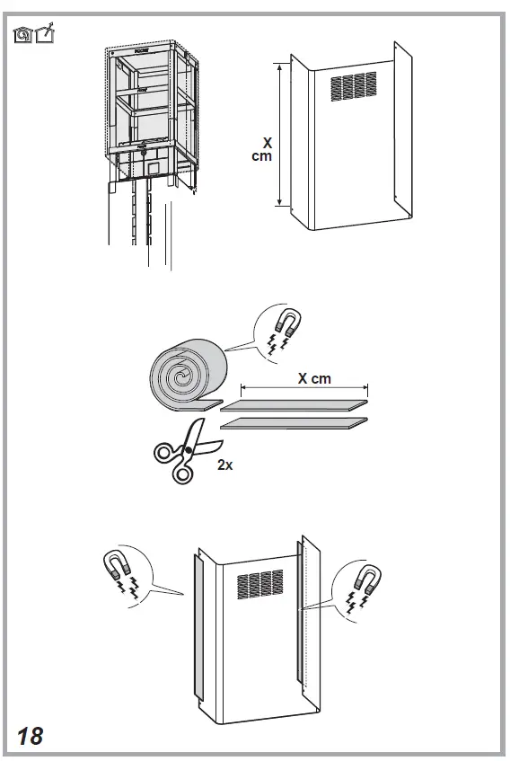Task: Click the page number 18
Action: [x=29, y=736]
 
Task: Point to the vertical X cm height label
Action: [x=262, y=148]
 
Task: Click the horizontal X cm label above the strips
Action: [x=314, y=378]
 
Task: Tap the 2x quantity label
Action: [x=224, y=465]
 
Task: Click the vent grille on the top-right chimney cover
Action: [x=354, y=86]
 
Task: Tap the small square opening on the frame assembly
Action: [x=154, y=165]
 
